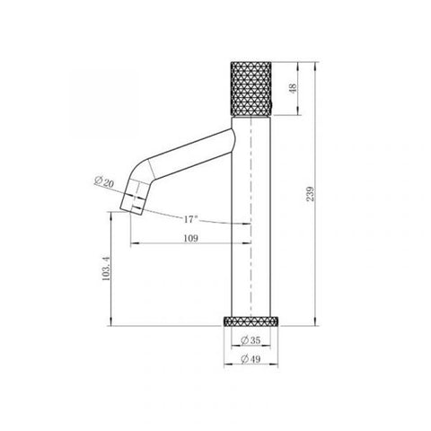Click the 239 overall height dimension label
311,194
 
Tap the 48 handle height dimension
294,88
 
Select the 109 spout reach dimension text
190,238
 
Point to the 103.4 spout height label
106,268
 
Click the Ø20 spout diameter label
104,182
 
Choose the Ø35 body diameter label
251,340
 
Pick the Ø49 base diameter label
251,358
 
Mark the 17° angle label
190,219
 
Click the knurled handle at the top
251,88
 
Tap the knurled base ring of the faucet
251,321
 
